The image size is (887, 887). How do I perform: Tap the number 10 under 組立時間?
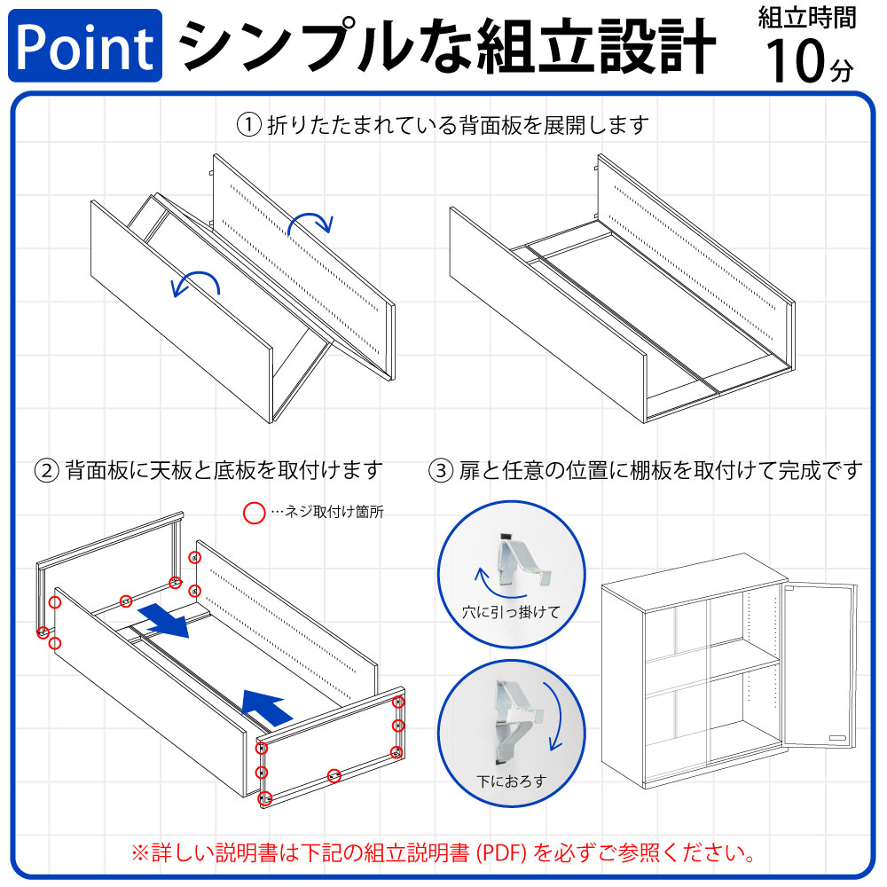pyautogui.click(x=797, y=62)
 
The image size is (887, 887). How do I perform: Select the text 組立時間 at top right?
pyautogui.click(x=807, y=17)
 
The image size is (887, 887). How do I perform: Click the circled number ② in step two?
pyautogui.click(x=46, y=469)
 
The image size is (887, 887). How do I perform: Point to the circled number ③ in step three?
pyautogui.click(x=441, y=469)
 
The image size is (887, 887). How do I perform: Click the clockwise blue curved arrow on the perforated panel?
pyautogui.click(x=310, y=222)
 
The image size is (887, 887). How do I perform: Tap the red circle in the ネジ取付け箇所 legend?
pyautogui.click(x=255, y=512)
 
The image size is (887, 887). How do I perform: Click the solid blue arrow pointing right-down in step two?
pyautogui.click(x=169, y=620)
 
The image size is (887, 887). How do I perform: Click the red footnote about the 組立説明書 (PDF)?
pyautogui.click(x=443, y=853)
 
